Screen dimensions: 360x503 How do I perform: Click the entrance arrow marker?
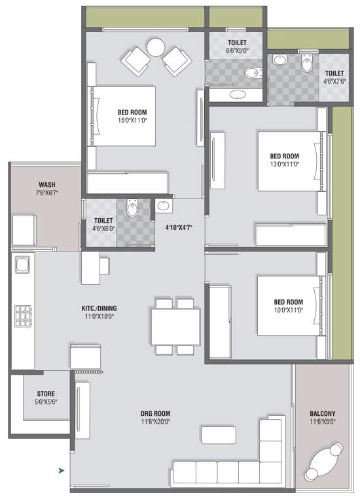click(x=62, y=471)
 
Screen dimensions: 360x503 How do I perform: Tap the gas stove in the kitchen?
click(x=23, y=316)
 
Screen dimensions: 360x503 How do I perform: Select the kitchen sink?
click(x=23, y=265)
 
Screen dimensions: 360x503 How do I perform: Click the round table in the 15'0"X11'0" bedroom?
click(x=156, y=47)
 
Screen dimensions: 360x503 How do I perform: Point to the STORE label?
click(x=46, y=394)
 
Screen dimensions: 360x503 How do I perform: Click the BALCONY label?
click(x=323, y=413)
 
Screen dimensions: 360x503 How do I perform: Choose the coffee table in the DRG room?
click(x=219, y=435)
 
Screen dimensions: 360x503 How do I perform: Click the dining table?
click(x=175, y=327)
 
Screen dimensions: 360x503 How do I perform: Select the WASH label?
click(x=47, y=185)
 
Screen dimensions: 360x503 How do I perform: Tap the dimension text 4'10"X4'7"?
click(x=179, y=228)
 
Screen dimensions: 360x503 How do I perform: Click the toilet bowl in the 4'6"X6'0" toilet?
click(x=132, y=208)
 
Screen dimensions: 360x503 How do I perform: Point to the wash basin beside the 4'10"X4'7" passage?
click(x=164, y=206)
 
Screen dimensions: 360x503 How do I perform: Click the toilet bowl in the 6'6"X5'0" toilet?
click(x=253, y=73)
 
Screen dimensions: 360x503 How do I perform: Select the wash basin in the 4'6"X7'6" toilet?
click(x=279, y=60)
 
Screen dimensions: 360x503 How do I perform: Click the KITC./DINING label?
click(x=99, y=308)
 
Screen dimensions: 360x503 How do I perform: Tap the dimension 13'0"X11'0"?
click(x=284, y=164)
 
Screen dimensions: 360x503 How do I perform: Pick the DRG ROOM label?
click(x=156, y=413)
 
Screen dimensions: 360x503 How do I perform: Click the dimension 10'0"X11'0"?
click(x=289, y=310)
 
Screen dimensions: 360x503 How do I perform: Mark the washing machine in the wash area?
click(x=24, y=231)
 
